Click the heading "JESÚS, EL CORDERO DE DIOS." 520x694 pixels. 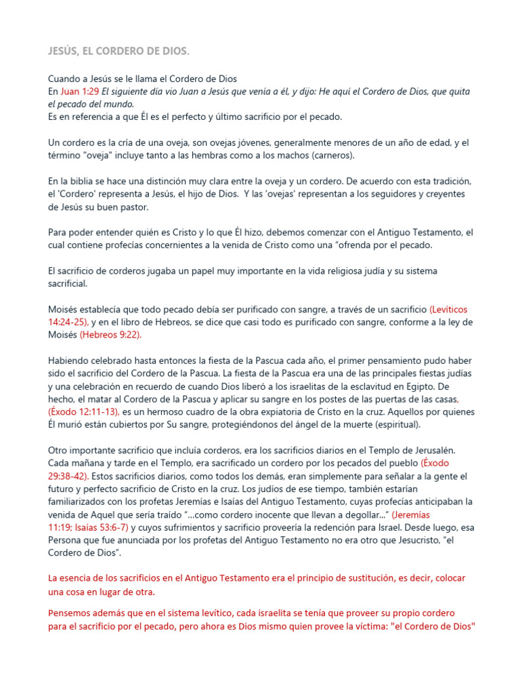(x=118, y=52)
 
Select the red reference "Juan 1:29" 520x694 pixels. (x=79, y=91)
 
